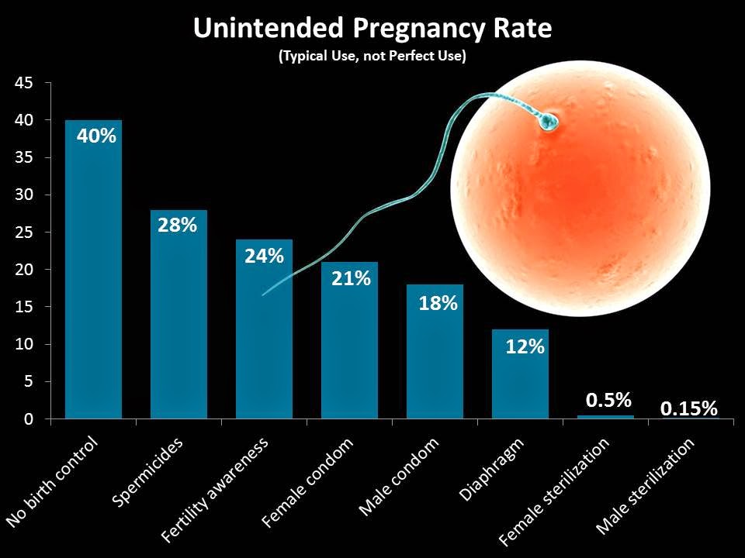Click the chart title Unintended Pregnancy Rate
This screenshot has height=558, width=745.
(372, 29)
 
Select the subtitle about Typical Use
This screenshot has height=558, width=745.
(372, 58)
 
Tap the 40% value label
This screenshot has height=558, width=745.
(96, 136)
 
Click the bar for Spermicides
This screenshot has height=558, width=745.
(178, 325)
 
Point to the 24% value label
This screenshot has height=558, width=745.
(264, 256)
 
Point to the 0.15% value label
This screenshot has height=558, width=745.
(689, 408)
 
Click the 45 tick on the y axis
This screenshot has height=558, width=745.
(23, 83)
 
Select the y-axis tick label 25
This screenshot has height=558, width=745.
(23, 232)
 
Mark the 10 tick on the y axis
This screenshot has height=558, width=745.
(23, 344)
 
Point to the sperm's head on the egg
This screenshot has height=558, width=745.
(549, 122)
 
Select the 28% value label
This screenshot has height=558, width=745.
(178, 226)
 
